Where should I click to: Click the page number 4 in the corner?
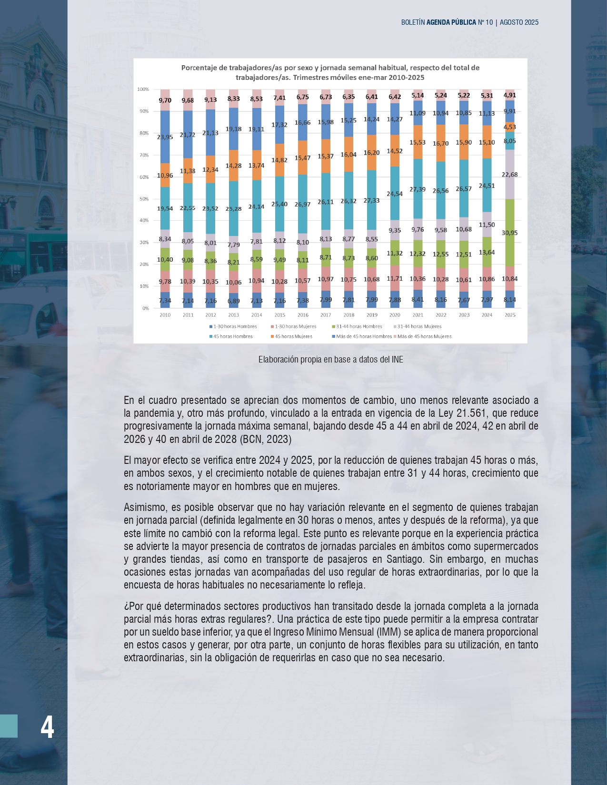(x=47, y=727)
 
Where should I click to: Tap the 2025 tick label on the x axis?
(x=510, y=315)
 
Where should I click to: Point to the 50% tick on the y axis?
(x=143, y=199)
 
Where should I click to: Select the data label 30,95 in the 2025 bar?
(x=509, y=233)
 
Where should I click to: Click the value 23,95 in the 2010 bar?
(x=165, y=137)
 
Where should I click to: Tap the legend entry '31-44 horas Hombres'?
(x=359, y=326)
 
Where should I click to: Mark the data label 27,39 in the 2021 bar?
(x=418, y=189)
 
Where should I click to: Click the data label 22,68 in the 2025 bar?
(x=509, y=175)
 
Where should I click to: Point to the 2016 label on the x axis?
(x=303, y=315)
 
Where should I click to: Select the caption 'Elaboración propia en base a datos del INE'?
(x=330, y=360)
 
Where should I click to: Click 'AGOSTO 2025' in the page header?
(x=519, y=22)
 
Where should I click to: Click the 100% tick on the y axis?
(x=143, y=89)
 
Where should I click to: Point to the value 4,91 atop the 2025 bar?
(x=509, y=95)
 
